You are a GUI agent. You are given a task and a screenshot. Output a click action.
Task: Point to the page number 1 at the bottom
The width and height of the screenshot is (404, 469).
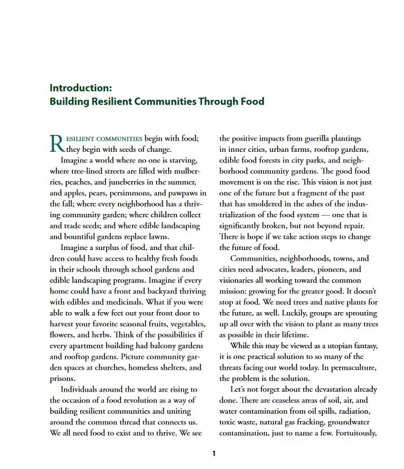(214, 453)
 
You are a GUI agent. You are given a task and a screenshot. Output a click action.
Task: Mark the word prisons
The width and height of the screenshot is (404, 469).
(62, 378)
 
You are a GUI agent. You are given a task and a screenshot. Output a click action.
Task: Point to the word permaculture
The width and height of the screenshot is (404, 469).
(353, 367)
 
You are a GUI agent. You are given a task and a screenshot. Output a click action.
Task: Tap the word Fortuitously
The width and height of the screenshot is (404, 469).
(353, 433)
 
